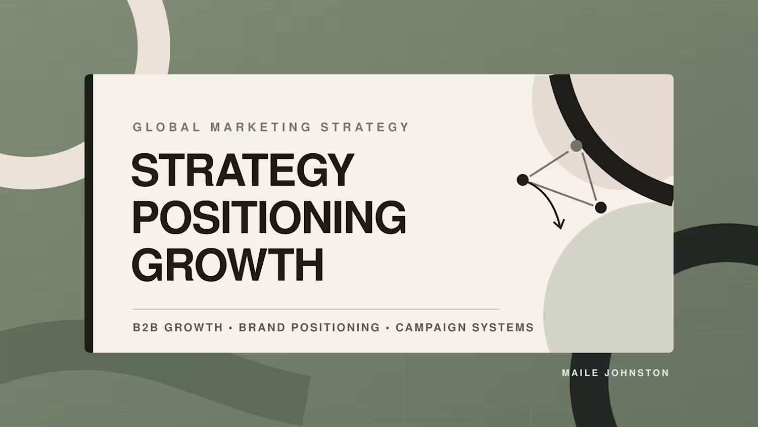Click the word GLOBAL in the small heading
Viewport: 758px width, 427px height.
point(167,127)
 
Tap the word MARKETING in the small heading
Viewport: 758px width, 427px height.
point(261,127)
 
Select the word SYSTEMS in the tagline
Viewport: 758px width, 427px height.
point(503,327)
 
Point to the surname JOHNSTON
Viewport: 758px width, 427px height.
point(637,373)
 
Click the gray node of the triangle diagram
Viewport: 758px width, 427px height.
point(576,146)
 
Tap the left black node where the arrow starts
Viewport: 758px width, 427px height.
point(523,180)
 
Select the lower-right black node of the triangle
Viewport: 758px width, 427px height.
point(601,207)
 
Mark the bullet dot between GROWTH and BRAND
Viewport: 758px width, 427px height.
point(231,328)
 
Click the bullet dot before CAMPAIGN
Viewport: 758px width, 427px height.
point(388,328)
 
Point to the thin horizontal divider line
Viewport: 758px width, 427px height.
point(316,309)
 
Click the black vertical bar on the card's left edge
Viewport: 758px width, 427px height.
point(89,213)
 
